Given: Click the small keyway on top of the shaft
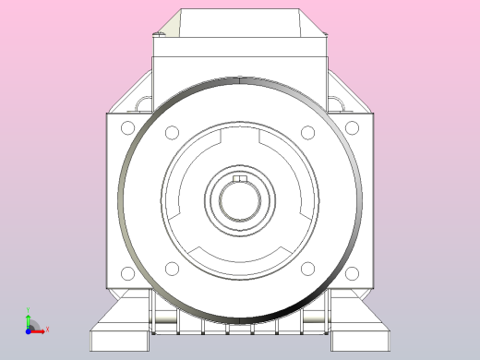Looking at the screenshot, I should click(x=240, y=178).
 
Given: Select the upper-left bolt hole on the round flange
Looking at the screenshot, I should click(x=172, y=132).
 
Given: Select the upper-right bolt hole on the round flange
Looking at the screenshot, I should click(x=308, y=132).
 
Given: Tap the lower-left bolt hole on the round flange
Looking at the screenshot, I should click(x=172, y=269).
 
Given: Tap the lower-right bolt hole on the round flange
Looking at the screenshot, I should click(x=308, y=269).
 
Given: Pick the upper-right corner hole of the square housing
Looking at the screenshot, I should click(x=352, y=127).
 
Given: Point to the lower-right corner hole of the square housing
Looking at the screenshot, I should click(x=352, y=273).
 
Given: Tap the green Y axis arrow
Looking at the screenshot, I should click(x=29, y=318).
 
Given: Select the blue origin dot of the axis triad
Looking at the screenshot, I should click(x=29, y=329).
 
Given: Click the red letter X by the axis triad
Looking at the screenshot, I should click(x=47, y=329).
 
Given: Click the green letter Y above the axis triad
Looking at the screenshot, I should click(x=29, y=310).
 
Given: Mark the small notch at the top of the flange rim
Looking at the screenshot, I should click(x=240, y=79).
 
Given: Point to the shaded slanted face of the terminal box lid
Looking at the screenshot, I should click(x=315, y=25).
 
